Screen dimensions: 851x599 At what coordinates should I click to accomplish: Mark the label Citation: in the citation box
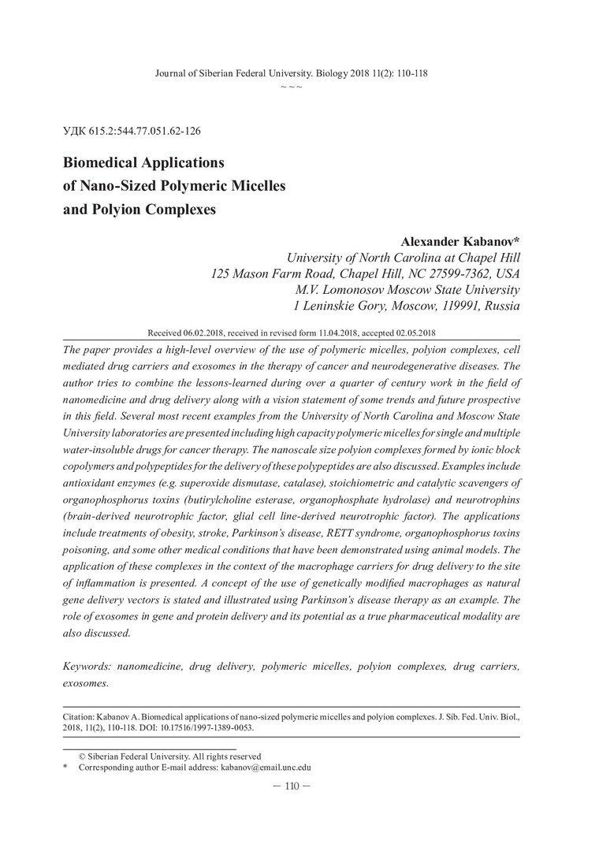click(x=77, y=719)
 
